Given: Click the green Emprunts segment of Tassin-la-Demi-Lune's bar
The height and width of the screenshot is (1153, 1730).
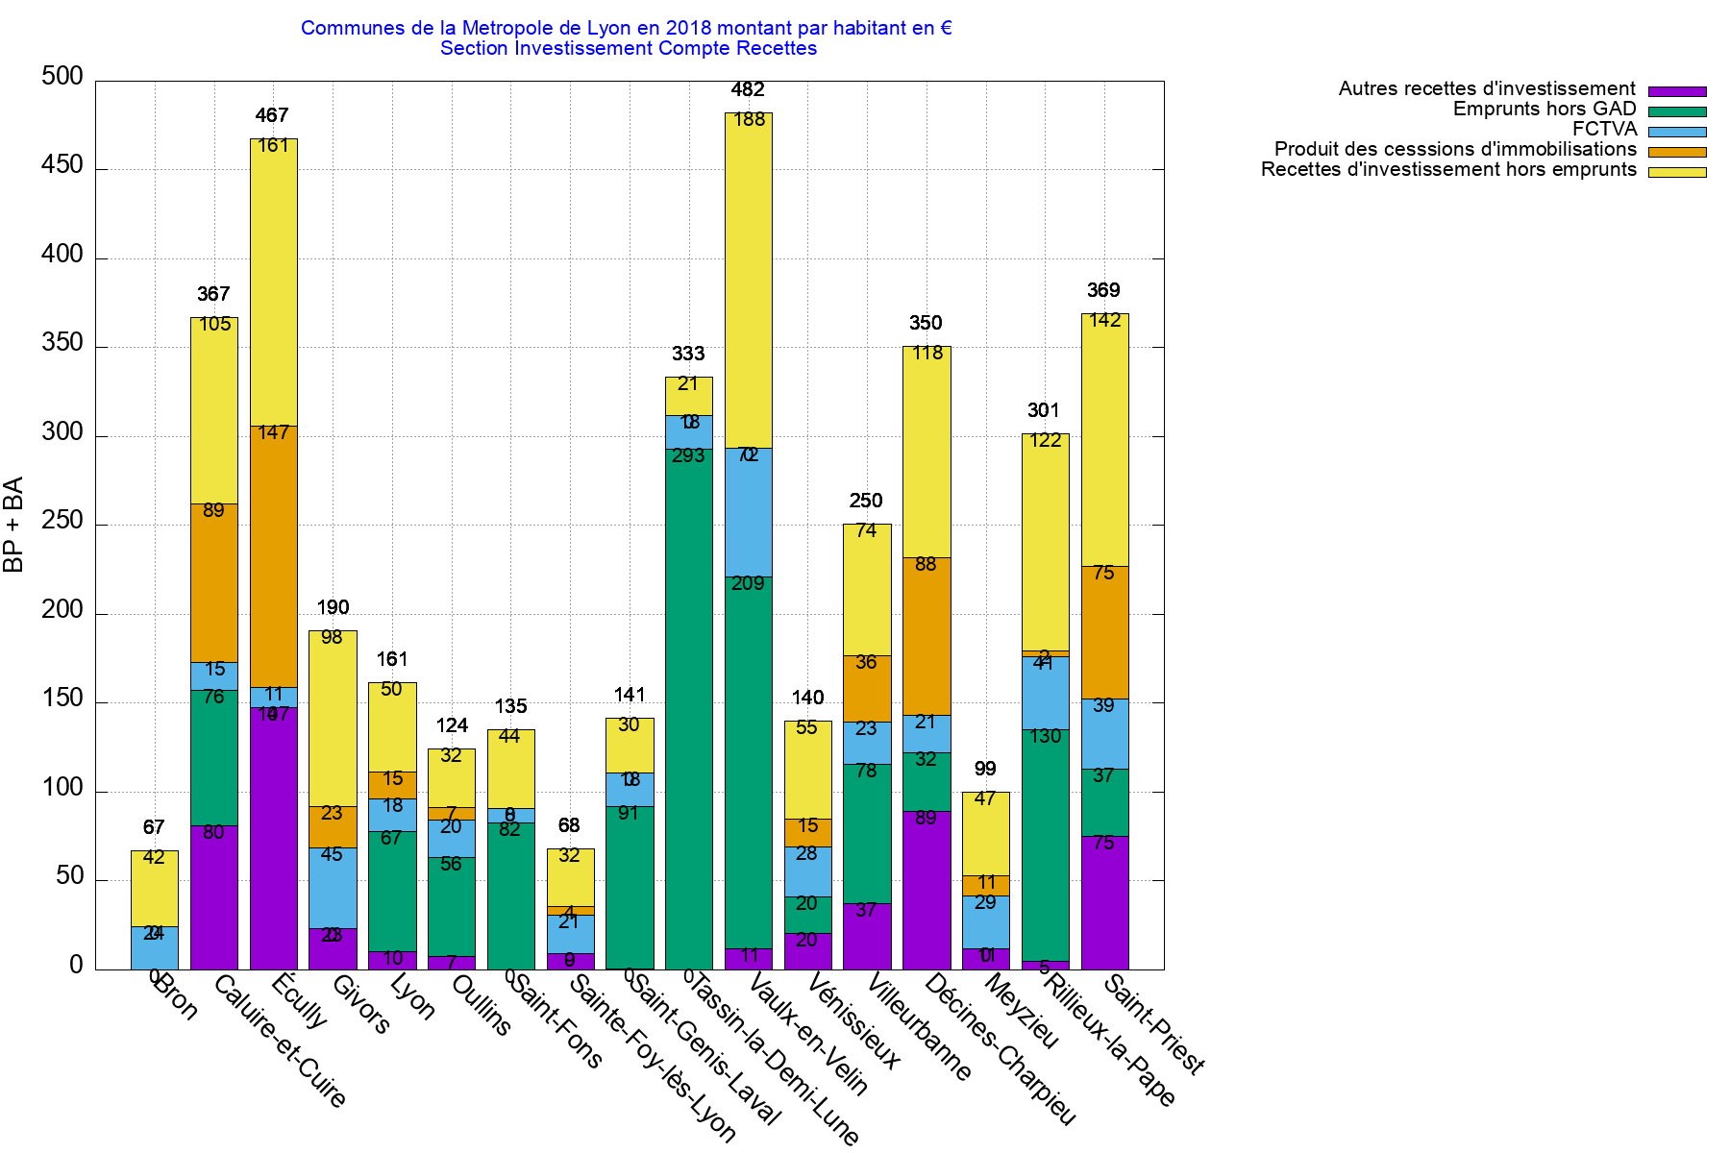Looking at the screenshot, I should click(688, 711).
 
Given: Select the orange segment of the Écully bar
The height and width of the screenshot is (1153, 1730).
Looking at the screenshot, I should click(274, 557).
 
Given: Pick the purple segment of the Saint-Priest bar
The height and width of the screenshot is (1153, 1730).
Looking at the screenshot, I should click(1104, 903).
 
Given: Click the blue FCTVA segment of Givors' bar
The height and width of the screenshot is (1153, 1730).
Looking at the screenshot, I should click(333, 888).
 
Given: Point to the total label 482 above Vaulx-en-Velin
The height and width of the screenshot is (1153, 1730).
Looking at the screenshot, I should click(748, 90).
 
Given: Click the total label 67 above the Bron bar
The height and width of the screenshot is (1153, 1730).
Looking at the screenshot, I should click(154, 827).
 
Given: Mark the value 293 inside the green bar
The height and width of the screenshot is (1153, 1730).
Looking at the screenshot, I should click(688, 456).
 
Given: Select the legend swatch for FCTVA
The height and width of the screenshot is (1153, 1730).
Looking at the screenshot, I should click(1677, 132).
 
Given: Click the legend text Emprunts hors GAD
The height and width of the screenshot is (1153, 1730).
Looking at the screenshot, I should click(1544, 110).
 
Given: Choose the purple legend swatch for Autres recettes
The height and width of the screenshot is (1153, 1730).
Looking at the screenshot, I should click(1677, 91).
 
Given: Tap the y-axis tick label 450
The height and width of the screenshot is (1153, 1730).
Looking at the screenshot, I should click(62, 165).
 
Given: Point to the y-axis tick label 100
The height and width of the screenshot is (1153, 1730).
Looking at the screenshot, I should click(62, 789).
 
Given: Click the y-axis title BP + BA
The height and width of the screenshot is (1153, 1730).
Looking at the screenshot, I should click(13, 525).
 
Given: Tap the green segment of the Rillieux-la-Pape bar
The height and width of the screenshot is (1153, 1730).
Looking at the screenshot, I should click(1045, 846).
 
